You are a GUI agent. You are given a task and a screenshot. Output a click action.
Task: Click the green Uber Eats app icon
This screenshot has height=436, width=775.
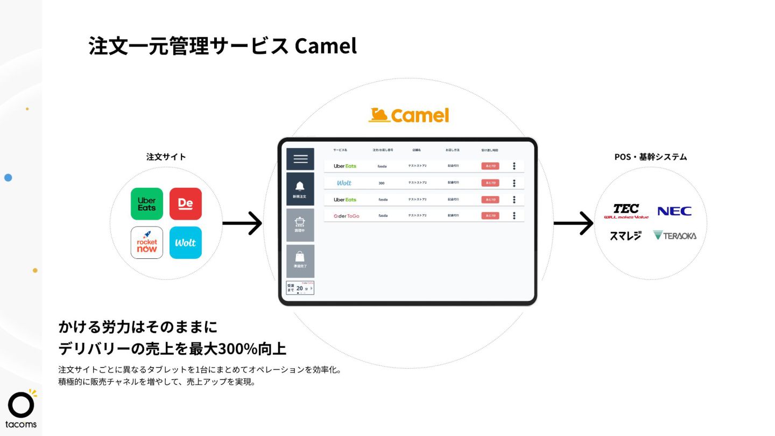[x=146, y=204]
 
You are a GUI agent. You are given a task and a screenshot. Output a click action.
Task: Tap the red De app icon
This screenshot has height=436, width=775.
[x=185, y=204]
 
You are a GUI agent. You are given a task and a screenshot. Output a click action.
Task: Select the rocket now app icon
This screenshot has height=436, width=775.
[x=146, y=243]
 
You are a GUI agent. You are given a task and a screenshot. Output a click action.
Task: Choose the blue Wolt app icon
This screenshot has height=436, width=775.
[x=185, y=243]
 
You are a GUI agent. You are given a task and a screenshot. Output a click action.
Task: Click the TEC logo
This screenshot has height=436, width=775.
[x=626, y=210]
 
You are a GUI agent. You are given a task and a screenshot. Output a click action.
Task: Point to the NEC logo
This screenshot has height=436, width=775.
[x=674, y=211]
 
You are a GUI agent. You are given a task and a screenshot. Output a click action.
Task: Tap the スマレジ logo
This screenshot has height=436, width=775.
[x=625, y=235]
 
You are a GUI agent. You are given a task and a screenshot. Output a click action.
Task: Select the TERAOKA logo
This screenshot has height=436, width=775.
[x=674, y=235]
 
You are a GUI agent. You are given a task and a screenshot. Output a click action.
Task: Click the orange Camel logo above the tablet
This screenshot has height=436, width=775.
[x=408, y=115]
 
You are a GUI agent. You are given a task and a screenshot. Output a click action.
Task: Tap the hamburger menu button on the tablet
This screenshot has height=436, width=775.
[x=300, y=159]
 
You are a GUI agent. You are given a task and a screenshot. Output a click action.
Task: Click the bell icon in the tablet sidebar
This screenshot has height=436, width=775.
[x=300, y=186]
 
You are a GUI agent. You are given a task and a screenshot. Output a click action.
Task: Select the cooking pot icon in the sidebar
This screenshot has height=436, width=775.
[x=300, y=221]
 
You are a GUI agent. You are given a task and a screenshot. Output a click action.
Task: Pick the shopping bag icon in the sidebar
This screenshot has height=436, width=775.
[x=300, y=257]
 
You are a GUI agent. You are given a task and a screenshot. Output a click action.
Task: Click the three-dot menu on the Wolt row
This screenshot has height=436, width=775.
[x=514, y=183]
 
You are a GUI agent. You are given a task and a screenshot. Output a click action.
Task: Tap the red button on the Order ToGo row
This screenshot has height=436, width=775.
[x=490, y=216]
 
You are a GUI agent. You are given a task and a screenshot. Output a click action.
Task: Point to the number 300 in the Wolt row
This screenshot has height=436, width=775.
[x=382, y=183]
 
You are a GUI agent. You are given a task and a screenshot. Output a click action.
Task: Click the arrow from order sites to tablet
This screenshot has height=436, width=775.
[x=242, y=223]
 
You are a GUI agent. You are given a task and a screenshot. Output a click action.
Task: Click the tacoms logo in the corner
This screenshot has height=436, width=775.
[x=22, y=409]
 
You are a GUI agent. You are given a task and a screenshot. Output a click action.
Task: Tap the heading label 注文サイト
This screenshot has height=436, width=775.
[x=166, y=157]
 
